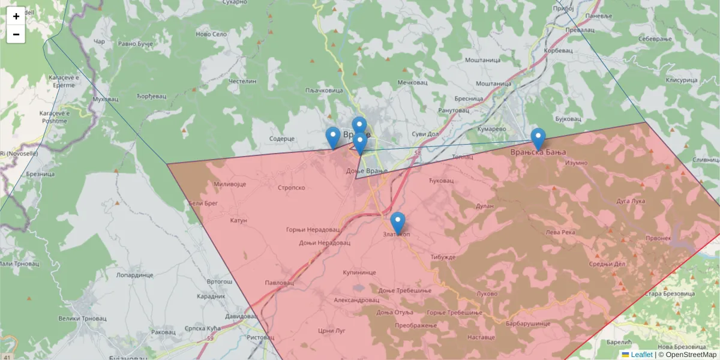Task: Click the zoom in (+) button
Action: coord(16,16)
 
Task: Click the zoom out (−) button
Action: coord(16,34)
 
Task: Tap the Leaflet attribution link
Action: coord(641,355)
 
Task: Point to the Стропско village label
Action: coord(292,188)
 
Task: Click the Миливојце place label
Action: coord(230,184)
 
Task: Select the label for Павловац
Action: coord(280,283)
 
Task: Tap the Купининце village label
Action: coord(359,272)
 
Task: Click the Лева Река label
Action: coord(560,232)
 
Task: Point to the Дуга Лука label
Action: coord(630,201)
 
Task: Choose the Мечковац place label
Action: coord(412,82)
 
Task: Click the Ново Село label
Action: coord(211,34)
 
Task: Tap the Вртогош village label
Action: coord(219,281)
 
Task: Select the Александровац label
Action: coord(356,299)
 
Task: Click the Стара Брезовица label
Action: coord(670,294)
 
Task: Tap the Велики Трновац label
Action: coord(78,319)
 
